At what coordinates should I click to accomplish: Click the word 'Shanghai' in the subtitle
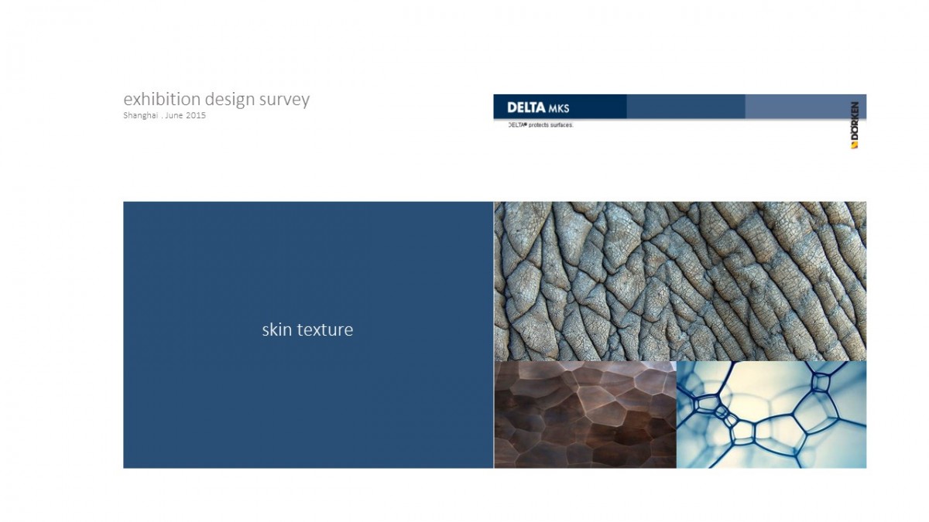click(141, 115)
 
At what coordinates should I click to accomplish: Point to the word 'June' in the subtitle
click(173, 115)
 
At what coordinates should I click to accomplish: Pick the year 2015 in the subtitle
click(196, 115)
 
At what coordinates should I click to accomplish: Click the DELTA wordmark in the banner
click(526, 107)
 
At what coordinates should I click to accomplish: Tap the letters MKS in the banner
click(559, 109)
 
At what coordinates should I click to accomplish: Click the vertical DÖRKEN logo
click(855, 125)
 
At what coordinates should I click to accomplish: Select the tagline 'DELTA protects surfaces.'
click(541, 125)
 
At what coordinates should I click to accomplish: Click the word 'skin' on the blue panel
click(276, 329)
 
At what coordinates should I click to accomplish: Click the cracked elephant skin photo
click(680, 281)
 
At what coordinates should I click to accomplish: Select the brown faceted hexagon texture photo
click(585, 415)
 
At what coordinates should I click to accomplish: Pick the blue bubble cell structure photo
click(771, 415)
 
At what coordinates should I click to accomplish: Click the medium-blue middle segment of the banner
click(686, 107)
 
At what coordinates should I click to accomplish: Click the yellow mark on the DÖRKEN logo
click(855, 145)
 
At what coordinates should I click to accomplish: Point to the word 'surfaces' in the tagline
click(562, 125)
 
